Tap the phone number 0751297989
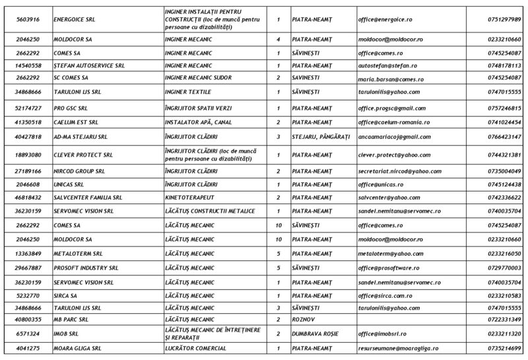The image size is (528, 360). pyautogui.click(x=504, y=20)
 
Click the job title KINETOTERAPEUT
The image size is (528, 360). pyautogui.click(x=189, y=198)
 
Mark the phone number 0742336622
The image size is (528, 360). pyautogui.click(x=504, y=198)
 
